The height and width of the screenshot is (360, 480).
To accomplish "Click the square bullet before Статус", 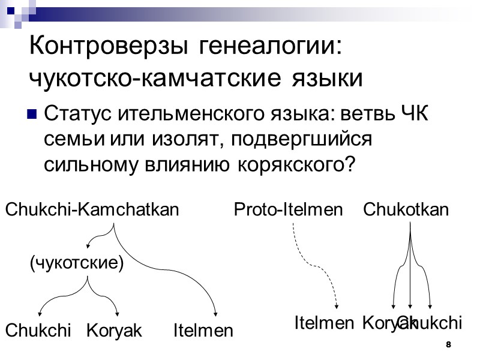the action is pos(34,113).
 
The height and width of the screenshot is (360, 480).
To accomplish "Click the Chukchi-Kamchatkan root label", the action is pos(92,209).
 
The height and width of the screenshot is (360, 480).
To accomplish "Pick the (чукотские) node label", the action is pos(77,263).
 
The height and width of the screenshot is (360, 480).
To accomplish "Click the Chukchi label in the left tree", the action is pos(38,330).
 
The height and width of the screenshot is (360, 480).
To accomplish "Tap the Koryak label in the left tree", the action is pos(114,330).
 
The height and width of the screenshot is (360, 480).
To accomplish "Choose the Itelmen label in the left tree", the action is pos(203,330).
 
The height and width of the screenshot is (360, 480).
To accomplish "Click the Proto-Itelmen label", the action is pos(287,209).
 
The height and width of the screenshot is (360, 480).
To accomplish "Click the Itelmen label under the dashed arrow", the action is pos(324,323).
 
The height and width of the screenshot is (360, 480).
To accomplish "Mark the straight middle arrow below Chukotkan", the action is pos(410,270).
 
